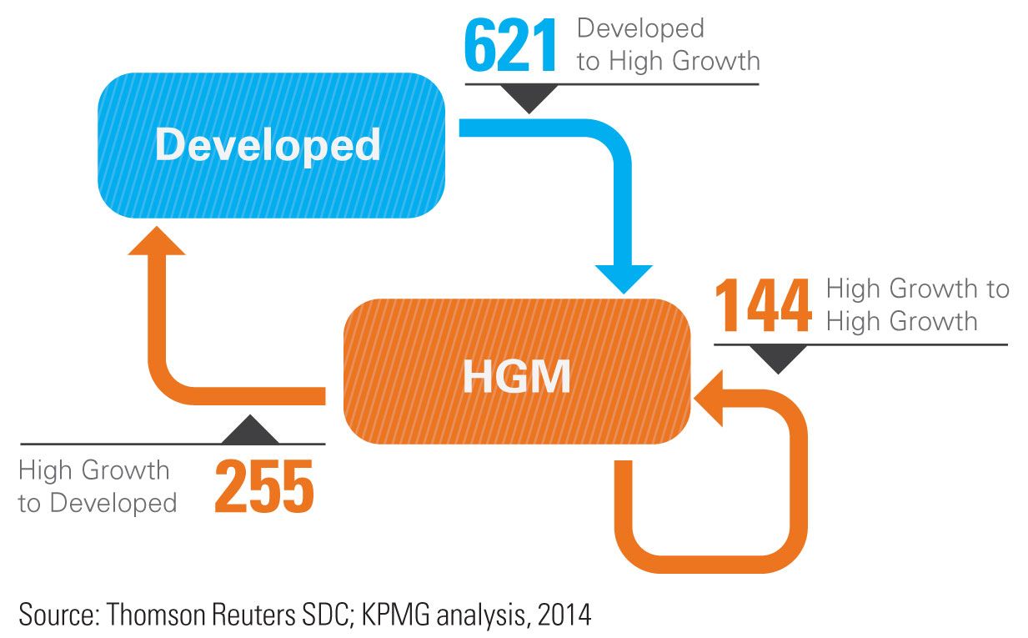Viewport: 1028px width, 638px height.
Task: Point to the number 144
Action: pos(763,307)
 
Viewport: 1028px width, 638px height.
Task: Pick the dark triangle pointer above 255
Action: pos(251,430)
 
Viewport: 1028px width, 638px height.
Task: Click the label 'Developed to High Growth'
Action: pos(667,45)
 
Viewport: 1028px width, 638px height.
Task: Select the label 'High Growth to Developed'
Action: pos(97,486)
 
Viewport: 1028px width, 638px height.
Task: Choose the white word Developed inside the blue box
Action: pos(268,145)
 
